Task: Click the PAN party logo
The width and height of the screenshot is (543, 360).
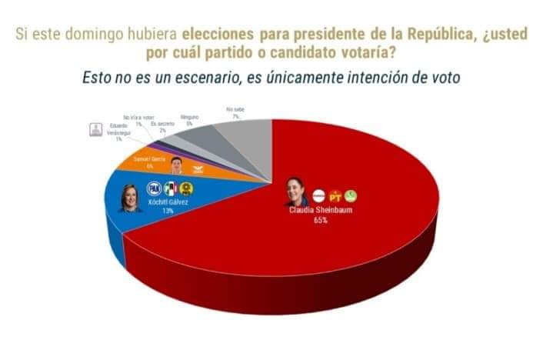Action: [153, 187]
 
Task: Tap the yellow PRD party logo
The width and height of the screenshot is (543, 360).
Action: [185, 187]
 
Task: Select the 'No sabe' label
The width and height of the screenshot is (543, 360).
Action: [235, 110]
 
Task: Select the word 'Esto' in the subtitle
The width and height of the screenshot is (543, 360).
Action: [98, 78]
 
